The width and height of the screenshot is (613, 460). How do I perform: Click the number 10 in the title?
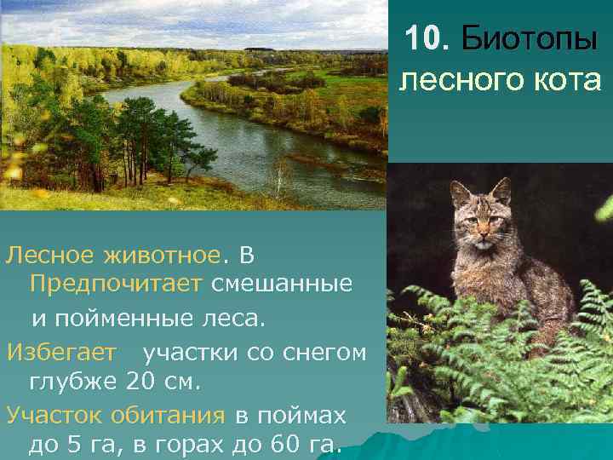(423, 38)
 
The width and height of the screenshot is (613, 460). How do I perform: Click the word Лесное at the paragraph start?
(50, 255)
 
